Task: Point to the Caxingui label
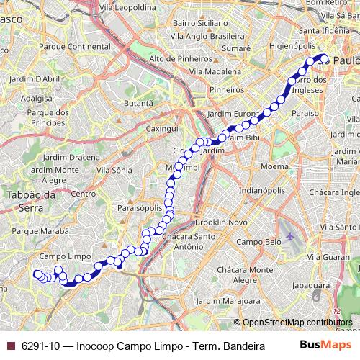(x=162, y=127)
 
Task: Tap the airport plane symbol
(x=289, y=235)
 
